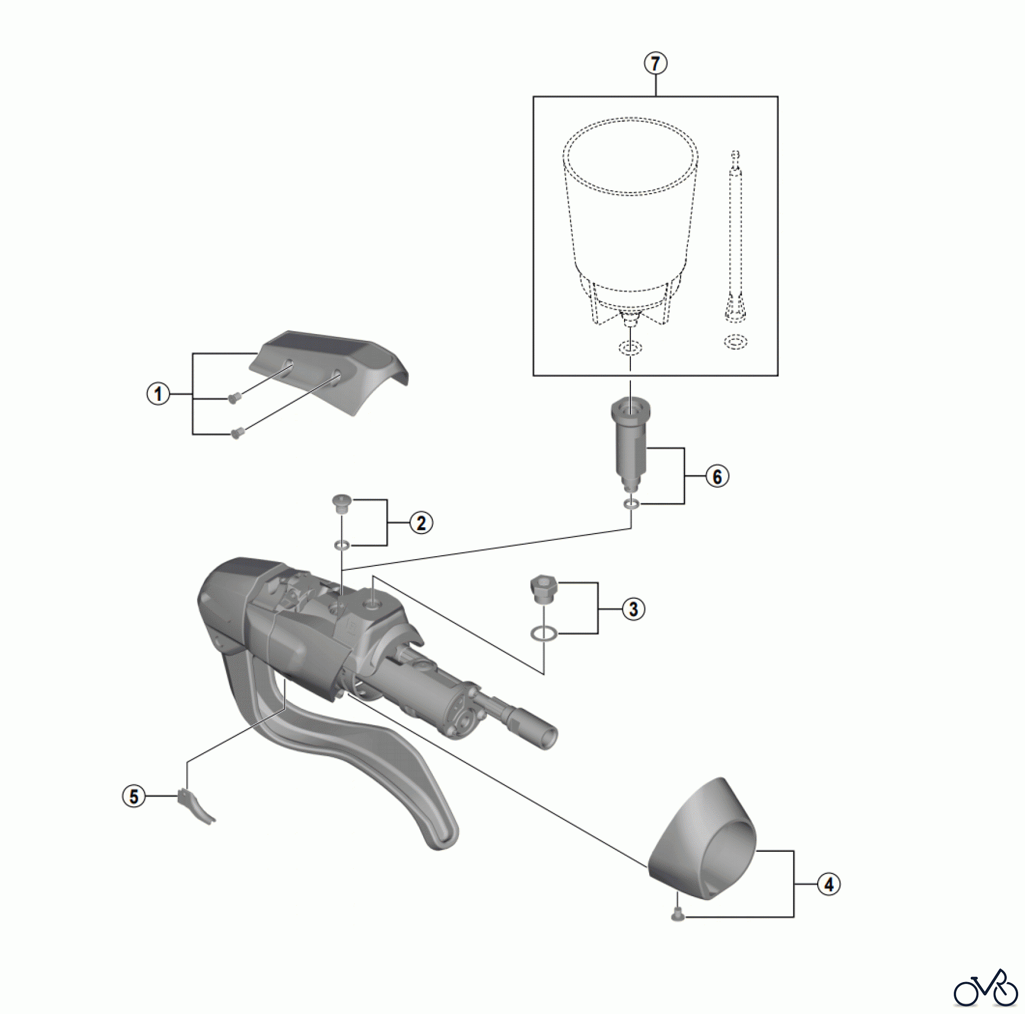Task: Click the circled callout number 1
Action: coord(158,394)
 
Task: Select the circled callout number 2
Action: coord(421,523)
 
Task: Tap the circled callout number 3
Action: coord(633,609)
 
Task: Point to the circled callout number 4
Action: coord(829,884)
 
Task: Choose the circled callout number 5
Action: coord(134,796)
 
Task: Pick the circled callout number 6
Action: coord(717,477)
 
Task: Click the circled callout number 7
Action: coord(655,63)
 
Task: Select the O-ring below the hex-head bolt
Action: coord(544,633)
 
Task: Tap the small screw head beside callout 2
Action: coord(341,504)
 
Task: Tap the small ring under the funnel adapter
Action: coord(630,503)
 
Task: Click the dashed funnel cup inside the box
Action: coord(630,222)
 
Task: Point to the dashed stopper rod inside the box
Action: coord(735,236)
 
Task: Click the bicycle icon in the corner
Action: coord(986,988)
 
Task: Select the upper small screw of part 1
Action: coord(232,399)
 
